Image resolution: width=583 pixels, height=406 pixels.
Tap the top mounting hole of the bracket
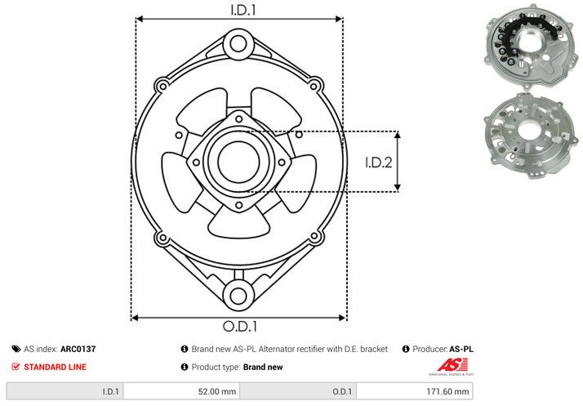click(238, 42)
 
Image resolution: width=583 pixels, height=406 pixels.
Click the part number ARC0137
click(78, 349)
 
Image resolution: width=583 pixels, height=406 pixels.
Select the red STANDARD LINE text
click(55, 368)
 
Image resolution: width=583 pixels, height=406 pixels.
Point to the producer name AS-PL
click(461, 349)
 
